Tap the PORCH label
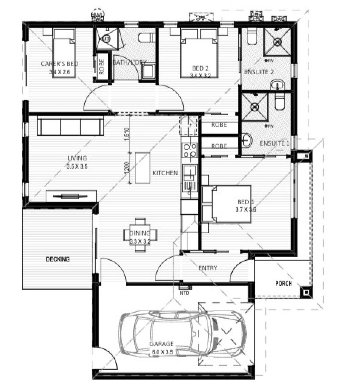[x=284, y=283]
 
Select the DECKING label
[x=58, y=259]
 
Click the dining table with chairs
[x=140, y=235]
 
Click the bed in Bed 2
[x=198, y=58]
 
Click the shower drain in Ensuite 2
[x=276, y=42]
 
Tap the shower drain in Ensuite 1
[x=254, y=107]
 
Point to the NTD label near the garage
[x=184, y=292]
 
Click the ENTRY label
[x=208, y=268]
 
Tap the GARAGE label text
[x=159, y=344]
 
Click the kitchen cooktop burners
[x=189, y=150]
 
